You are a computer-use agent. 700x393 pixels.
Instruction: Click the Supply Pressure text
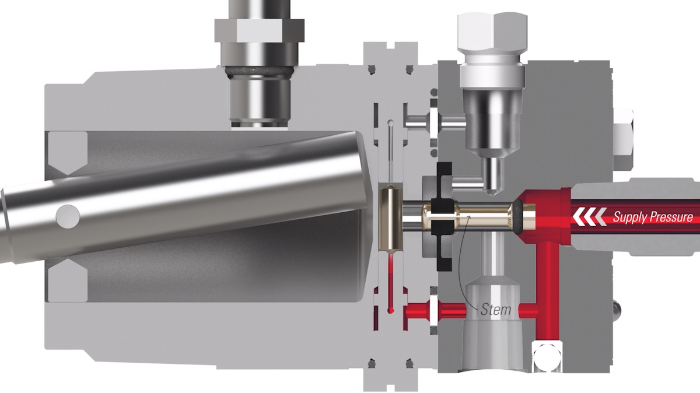point(652,217)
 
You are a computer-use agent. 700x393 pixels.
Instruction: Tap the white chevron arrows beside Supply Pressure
point(589,217)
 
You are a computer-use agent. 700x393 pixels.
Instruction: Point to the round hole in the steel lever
point(68,217)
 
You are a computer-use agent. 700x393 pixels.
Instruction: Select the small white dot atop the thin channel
point(389,122)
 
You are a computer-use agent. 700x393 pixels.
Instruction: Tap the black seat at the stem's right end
point(516,217)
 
